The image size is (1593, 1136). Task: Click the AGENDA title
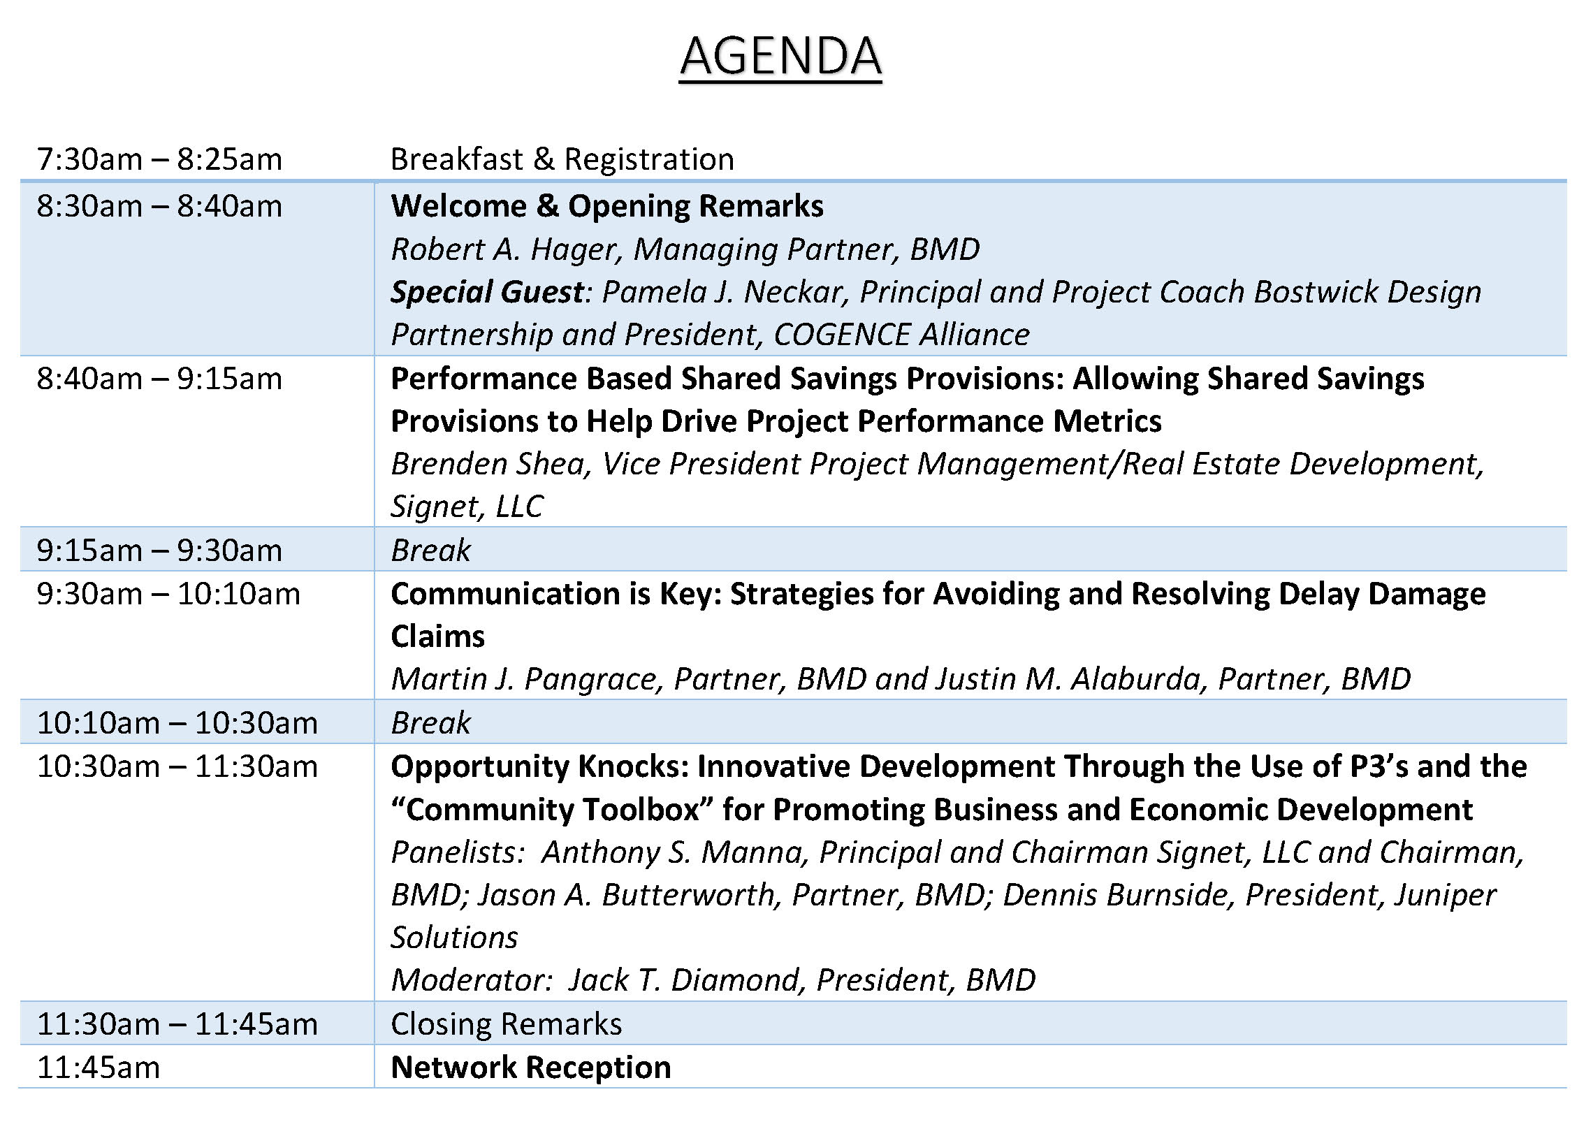click(780, 57)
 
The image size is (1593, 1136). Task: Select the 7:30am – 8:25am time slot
click(159, 159)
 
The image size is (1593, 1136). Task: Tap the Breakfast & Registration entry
click(562, 159)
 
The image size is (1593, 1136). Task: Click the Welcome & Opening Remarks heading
click(607, 206)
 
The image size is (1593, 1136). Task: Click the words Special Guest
click(487, 293)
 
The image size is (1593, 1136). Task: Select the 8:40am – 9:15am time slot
click(159, 379)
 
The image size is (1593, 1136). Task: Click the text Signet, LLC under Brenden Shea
click(467, 507)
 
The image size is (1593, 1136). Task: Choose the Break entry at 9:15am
click(430, 551)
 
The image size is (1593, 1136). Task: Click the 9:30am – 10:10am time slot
click(168, 595)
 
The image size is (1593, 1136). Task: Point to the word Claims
click(438, 636)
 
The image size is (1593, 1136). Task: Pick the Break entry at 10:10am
click(430, 722)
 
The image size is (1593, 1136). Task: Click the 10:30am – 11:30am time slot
click(177, 767)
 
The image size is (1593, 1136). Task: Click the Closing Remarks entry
click(506, 1025)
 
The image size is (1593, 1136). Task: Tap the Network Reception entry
click(531, 1068)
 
